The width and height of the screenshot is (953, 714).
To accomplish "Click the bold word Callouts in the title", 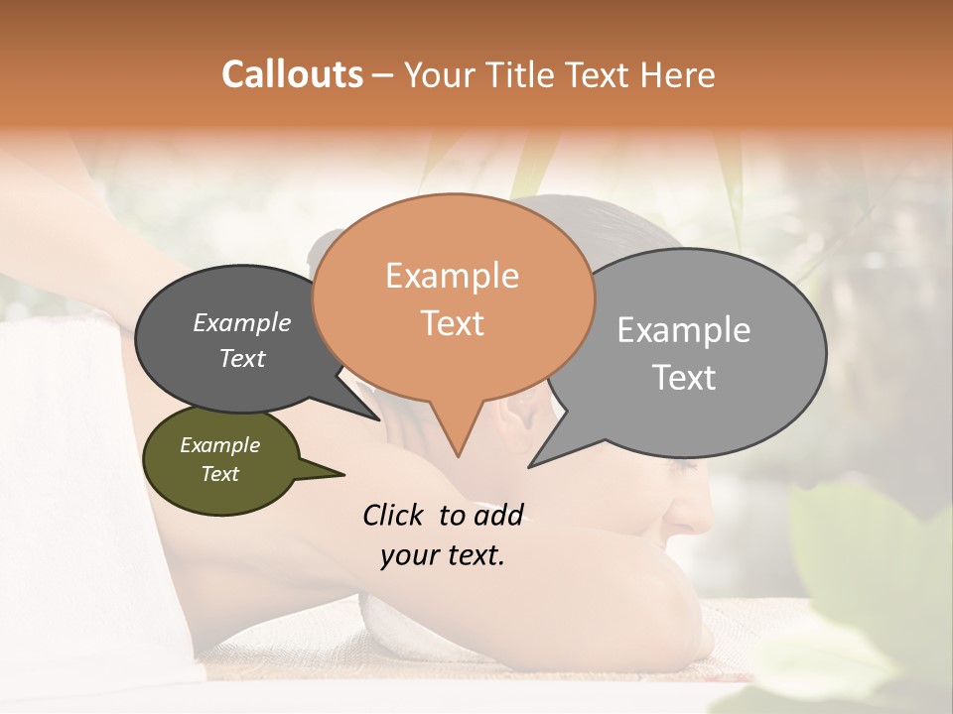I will coord(292,74).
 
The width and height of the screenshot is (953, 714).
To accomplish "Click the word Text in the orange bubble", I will coord(452,322).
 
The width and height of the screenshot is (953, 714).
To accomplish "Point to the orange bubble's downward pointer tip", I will coord(458,455).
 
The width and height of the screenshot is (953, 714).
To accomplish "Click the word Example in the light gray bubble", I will coord(683,330).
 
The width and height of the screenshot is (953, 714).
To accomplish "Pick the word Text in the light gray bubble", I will coord(684,378).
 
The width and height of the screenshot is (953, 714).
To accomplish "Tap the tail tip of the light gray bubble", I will coord(530,465).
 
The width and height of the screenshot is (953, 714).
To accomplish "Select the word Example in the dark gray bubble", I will coord(241,322).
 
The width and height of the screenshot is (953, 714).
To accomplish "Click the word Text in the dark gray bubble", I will coord(241,358).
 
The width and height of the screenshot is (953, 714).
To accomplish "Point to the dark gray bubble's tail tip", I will coord(378,418).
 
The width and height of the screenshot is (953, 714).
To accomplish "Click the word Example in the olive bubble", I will coord(219,445).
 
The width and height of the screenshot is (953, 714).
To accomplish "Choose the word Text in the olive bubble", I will coord(219,474).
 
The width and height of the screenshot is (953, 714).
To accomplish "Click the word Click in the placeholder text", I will coord(396,515).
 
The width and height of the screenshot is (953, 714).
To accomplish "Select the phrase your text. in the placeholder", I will coord(442,555).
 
